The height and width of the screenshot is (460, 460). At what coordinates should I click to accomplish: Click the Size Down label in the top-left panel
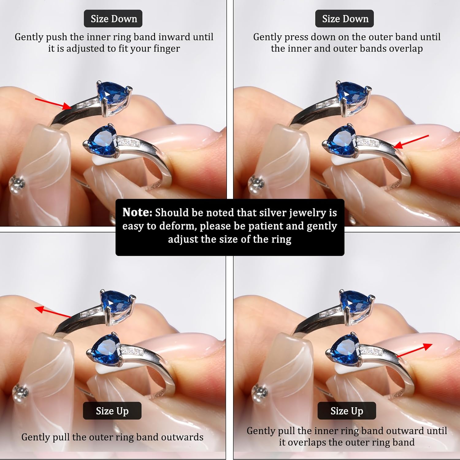[x=113, y=19]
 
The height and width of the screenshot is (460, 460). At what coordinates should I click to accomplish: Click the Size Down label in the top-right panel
[x=345, y=19]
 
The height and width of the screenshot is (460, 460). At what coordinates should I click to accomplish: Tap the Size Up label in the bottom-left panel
[x=112, y=411]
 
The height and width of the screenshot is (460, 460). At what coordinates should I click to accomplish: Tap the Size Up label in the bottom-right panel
[x=347, y=411]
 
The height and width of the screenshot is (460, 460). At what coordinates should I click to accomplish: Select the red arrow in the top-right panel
[x=411, y=142]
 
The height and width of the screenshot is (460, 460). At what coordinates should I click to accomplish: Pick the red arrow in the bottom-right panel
[x=414, y=351]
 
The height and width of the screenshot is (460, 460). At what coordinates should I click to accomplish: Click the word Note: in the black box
[x=137, y=212]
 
